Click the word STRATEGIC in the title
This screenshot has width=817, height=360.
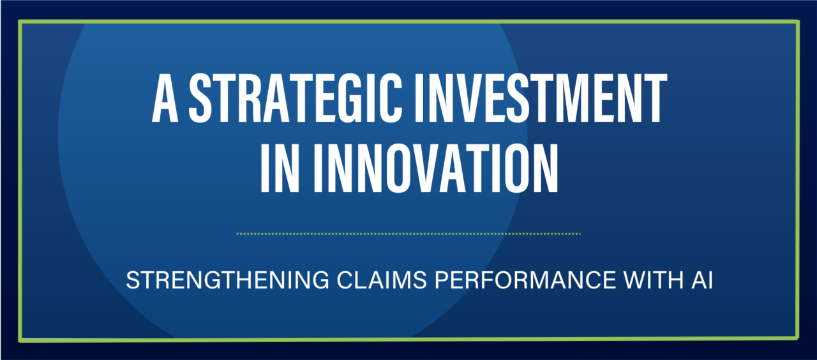pos(296,98)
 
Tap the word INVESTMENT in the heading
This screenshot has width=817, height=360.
pos(541,98)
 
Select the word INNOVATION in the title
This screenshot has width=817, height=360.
pos(436,168)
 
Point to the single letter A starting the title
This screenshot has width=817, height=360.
pos(165,98)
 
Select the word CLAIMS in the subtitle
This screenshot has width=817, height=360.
pos(382,280)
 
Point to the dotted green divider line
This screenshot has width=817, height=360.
pos(408,234)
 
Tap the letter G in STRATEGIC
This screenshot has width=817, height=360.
pos(353,98)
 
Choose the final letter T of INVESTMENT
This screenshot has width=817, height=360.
pos(654,98)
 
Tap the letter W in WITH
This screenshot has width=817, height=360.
pos(635,280)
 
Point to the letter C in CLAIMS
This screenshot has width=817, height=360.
pos(345,280)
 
